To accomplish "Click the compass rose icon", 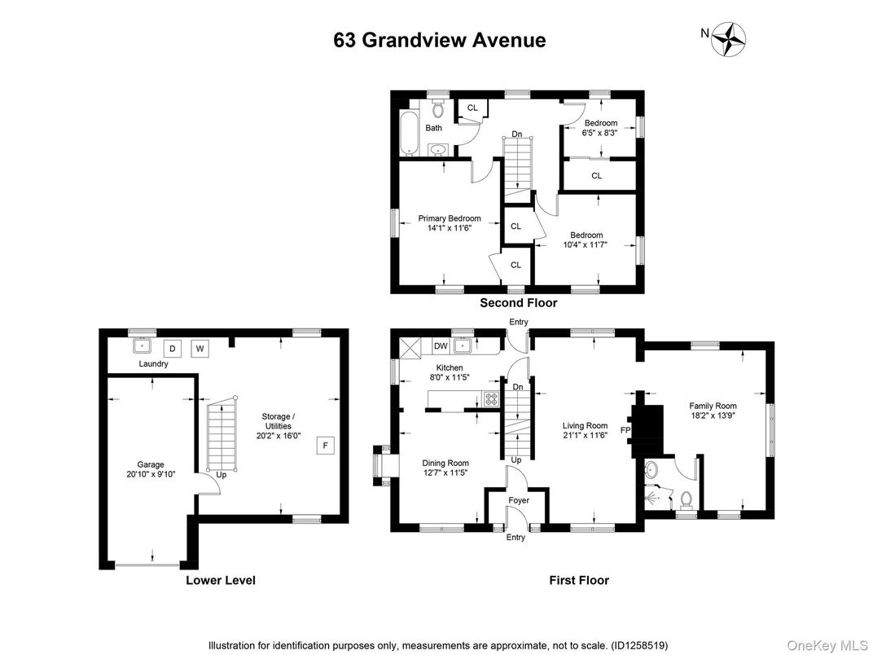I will pos(729,38).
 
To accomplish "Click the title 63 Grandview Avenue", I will pos(440,40).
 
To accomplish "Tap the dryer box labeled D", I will pos(172,348).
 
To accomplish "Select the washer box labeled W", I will pos(199,348).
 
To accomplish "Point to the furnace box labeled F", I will pos(325,445).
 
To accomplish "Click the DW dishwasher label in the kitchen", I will pos(440,346).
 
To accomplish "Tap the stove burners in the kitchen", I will pos(492,399).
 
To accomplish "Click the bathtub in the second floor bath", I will pos(409,133).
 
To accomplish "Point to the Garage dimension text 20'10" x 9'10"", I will pos(150,473).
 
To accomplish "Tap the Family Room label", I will pos(713,406).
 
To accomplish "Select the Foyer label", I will pos(518,500).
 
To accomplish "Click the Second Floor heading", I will pos(518,303).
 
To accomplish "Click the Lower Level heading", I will pos(220,581).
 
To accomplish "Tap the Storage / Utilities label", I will pos(276,421).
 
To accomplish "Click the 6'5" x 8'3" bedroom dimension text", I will pos(600,133).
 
